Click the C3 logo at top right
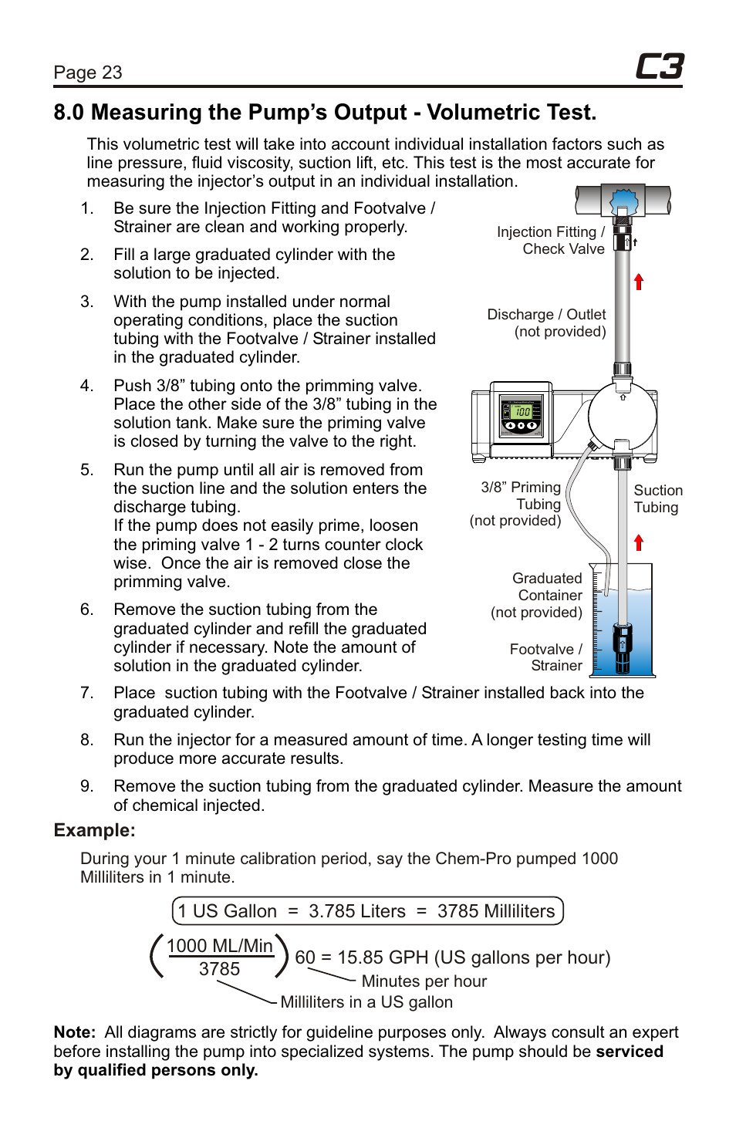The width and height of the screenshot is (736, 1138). point(659,67)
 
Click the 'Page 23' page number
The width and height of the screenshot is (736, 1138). point(88,73)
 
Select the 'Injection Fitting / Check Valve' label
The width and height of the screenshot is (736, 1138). point(551,240)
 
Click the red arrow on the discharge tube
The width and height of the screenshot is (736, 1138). point(639,281)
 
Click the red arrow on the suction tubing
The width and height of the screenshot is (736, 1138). point(639,542)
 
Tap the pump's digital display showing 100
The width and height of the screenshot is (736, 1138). point(522,412)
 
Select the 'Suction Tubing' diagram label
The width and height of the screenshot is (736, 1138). point(657,498)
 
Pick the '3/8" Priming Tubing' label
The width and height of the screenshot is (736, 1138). point(518,504)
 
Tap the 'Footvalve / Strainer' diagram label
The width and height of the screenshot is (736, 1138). point(546,657)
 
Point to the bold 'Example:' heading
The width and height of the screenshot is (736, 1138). point(94,830)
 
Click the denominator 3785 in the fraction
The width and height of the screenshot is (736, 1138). point(219,969)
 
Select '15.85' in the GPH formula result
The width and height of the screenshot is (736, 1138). point(360,957)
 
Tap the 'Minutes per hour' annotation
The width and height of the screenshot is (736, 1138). point(424,981)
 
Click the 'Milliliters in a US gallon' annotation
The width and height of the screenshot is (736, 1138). point(366,1002)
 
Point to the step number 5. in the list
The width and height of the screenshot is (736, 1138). point(86,470)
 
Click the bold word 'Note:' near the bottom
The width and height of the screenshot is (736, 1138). point(74,1032)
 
